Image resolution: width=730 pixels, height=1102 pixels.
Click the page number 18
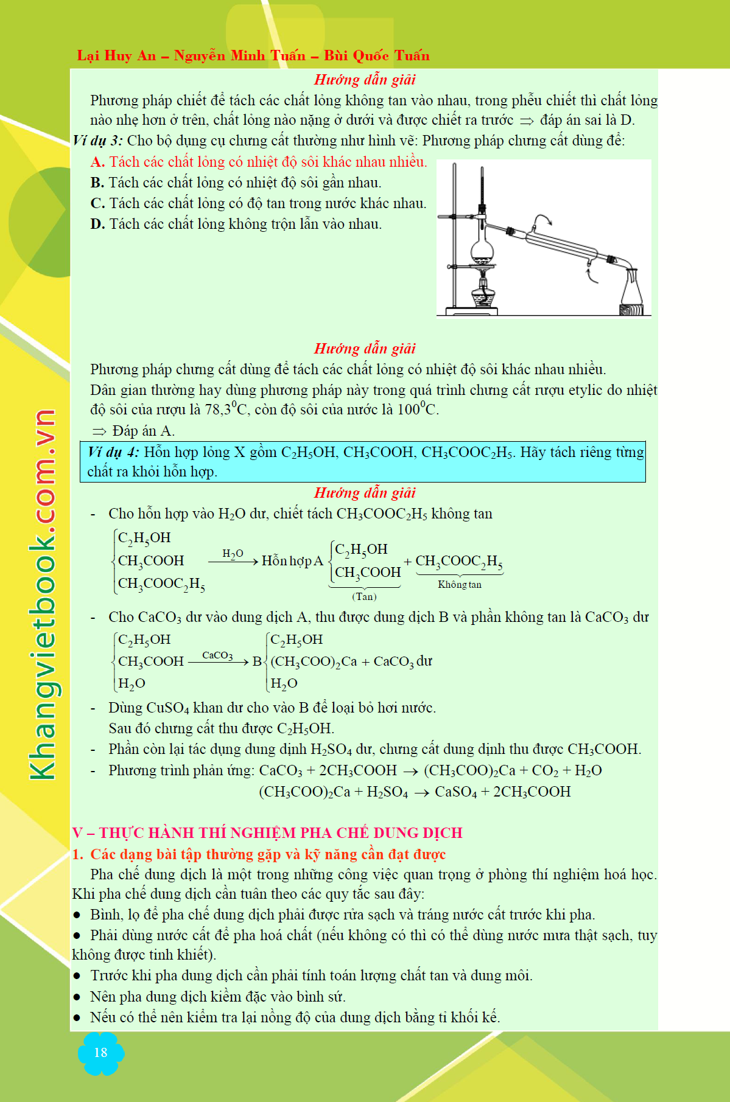(x=100, y=1053)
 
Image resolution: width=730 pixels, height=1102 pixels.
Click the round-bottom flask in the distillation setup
(x=482, y=248)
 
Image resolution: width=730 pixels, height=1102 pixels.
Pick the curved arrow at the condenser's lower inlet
(x=591, y=273)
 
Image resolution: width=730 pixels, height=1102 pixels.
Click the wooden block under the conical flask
(x=631, y=310)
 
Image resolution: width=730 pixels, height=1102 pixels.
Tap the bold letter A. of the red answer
(x=97, y=162)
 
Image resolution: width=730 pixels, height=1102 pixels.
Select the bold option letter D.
(x=97, y=225)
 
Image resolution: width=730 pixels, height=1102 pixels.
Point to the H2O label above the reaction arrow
(x=233, y=553)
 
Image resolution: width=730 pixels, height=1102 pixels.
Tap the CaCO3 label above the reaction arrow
(x=217, y=655)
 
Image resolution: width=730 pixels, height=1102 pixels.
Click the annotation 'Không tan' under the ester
(x=460, y=584)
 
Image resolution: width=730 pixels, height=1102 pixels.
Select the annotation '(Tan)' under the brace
(x=364, y=596)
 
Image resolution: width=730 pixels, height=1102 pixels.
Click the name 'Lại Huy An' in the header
(x=116, y=56)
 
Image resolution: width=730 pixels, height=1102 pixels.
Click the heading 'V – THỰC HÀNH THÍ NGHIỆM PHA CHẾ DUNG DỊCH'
(x=267, y=832)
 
